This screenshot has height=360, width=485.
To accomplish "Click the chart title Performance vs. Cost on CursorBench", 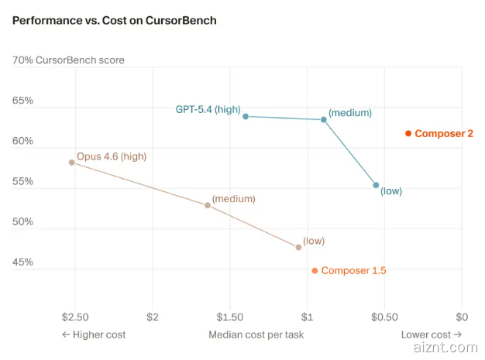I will pos(115,20).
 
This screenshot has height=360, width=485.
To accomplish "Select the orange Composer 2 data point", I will pos(408,134).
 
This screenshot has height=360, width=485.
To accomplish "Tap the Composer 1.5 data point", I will pos(315,271).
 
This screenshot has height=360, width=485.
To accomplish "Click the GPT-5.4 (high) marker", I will pos(246,116).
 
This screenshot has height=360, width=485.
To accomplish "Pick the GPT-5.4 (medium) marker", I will pos(324,119).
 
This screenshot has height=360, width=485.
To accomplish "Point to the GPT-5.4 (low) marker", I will pos(377,185).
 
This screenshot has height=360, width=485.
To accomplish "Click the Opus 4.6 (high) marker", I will pos(72,163).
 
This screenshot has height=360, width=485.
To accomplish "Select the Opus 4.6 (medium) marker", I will pos(208,205).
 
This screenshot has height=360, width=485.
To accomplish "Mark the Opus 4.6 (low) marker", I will pos(298,247).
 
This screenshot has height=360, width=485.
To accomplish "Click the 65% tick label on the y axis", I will pos(22,101).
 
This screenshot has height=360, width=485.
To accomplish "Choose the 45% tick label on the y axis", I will pos(22,262).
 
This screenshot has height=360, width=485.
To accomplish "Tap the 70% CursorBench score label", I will pos(68,60).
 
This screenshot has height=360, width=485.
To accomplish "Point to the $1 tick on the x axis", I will pos(307,317).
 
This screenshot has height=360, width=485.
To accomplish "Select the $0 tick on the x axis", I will pos(462,317).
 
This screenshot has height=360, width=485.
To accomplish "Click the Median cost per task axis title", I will pos(256,334).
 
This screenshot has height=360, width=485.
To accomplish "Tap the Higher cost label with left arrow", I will pos(94,334).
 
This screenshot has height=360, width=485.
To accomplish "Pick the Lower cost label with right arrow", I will pos(431,334).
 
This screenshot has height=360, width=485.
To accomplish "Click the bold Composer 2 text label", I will pos(444,134).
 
